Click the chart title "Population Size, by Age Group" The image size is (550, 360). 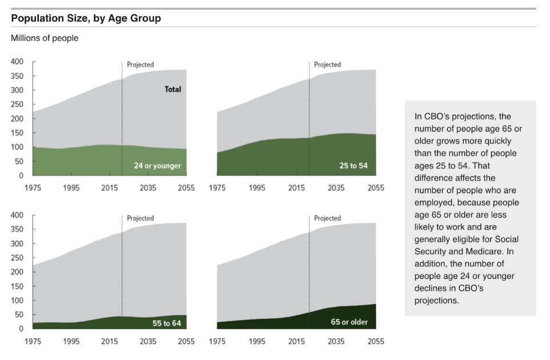click(86, 18)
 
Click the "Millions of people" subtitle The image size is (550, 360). click(45, 38)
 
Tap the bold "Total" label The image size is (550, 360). click(173, 89)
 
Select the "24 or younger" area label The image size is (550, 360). click(157, 166)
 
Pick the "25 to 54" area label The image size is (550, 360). click(353, 166)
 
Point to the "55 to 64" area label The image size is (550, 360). click(166, 323)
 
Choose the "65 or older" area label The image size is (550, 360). click(349, 322)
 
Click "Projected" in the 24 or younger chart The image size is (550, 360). click(140, 65)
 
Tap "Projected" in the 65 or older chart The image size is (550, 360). click(327, 218)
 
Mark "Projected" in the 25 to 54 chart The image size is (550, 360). click(327, 65)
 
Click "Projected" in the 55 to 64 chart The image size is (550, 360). click(140, 218)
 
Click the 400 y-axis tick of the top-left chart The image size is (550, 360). click(17, 62)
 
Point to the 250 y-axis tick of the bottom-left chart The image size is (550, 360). click(17, 258)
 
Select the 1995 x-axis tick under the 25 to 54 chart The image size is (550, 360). click(257, 188)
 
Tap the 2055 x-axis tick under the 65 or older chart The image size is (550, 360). click(376, 341)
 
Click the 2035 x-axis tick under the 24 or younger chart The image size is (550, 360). click(148, 188)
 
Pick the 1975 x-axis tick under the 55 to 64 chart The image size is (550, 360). click(33, 341)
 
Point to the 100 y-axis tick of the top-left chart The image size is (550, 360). click(17, 147)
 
